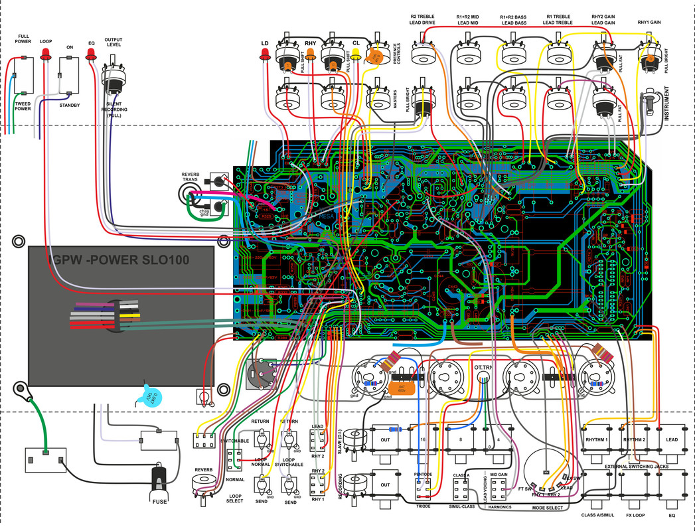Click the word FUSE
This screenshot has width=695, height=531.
159,501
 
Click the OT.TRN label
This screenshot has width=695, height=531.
484,366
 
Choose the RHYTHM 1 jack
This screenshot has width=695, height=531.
597,439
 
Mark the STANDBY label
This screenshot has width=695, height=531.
69,105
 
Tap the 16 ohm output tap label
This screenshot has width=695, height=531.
422,439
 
